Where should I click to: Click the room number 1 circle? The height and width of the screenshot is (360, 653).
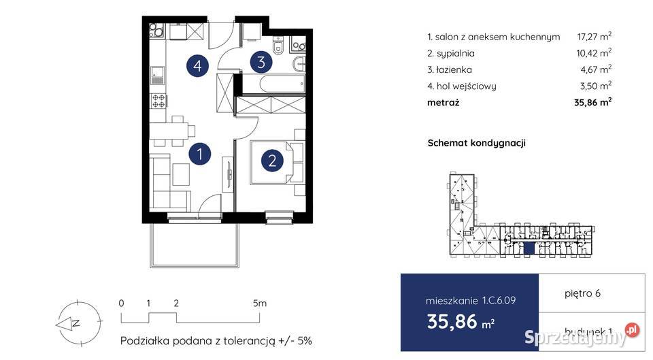(x=199, y=154)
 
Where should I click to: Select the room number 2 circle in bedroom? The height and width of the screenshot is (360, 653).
(x=272, y=161)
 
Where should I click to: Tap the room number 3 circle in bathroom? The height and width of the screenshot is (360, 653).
(x=261, y=63)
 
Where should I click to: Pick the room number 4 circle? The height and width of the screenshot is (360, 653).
(x=197, y=66)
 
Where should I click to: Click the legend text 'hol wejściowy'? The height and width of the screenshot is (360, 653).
(x=466, y=86)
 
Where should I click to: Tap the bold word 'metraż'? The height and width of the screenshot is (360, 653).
(x=443, y=103)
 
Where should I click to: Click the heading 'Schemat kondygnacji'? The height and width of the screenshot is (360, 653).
(x=476, y=143)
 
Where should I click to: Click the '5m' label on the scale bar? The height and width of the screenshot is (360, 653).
(x=259, y=304)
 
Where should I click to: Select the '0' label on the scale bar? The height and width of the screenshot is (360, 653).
(x=120, y=304)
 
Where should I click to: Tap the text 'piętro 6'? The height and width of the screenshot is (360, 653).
(x=582, y=294)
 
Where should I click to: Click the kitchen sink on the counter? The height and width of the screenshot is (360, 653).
(x=158, y=71)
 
